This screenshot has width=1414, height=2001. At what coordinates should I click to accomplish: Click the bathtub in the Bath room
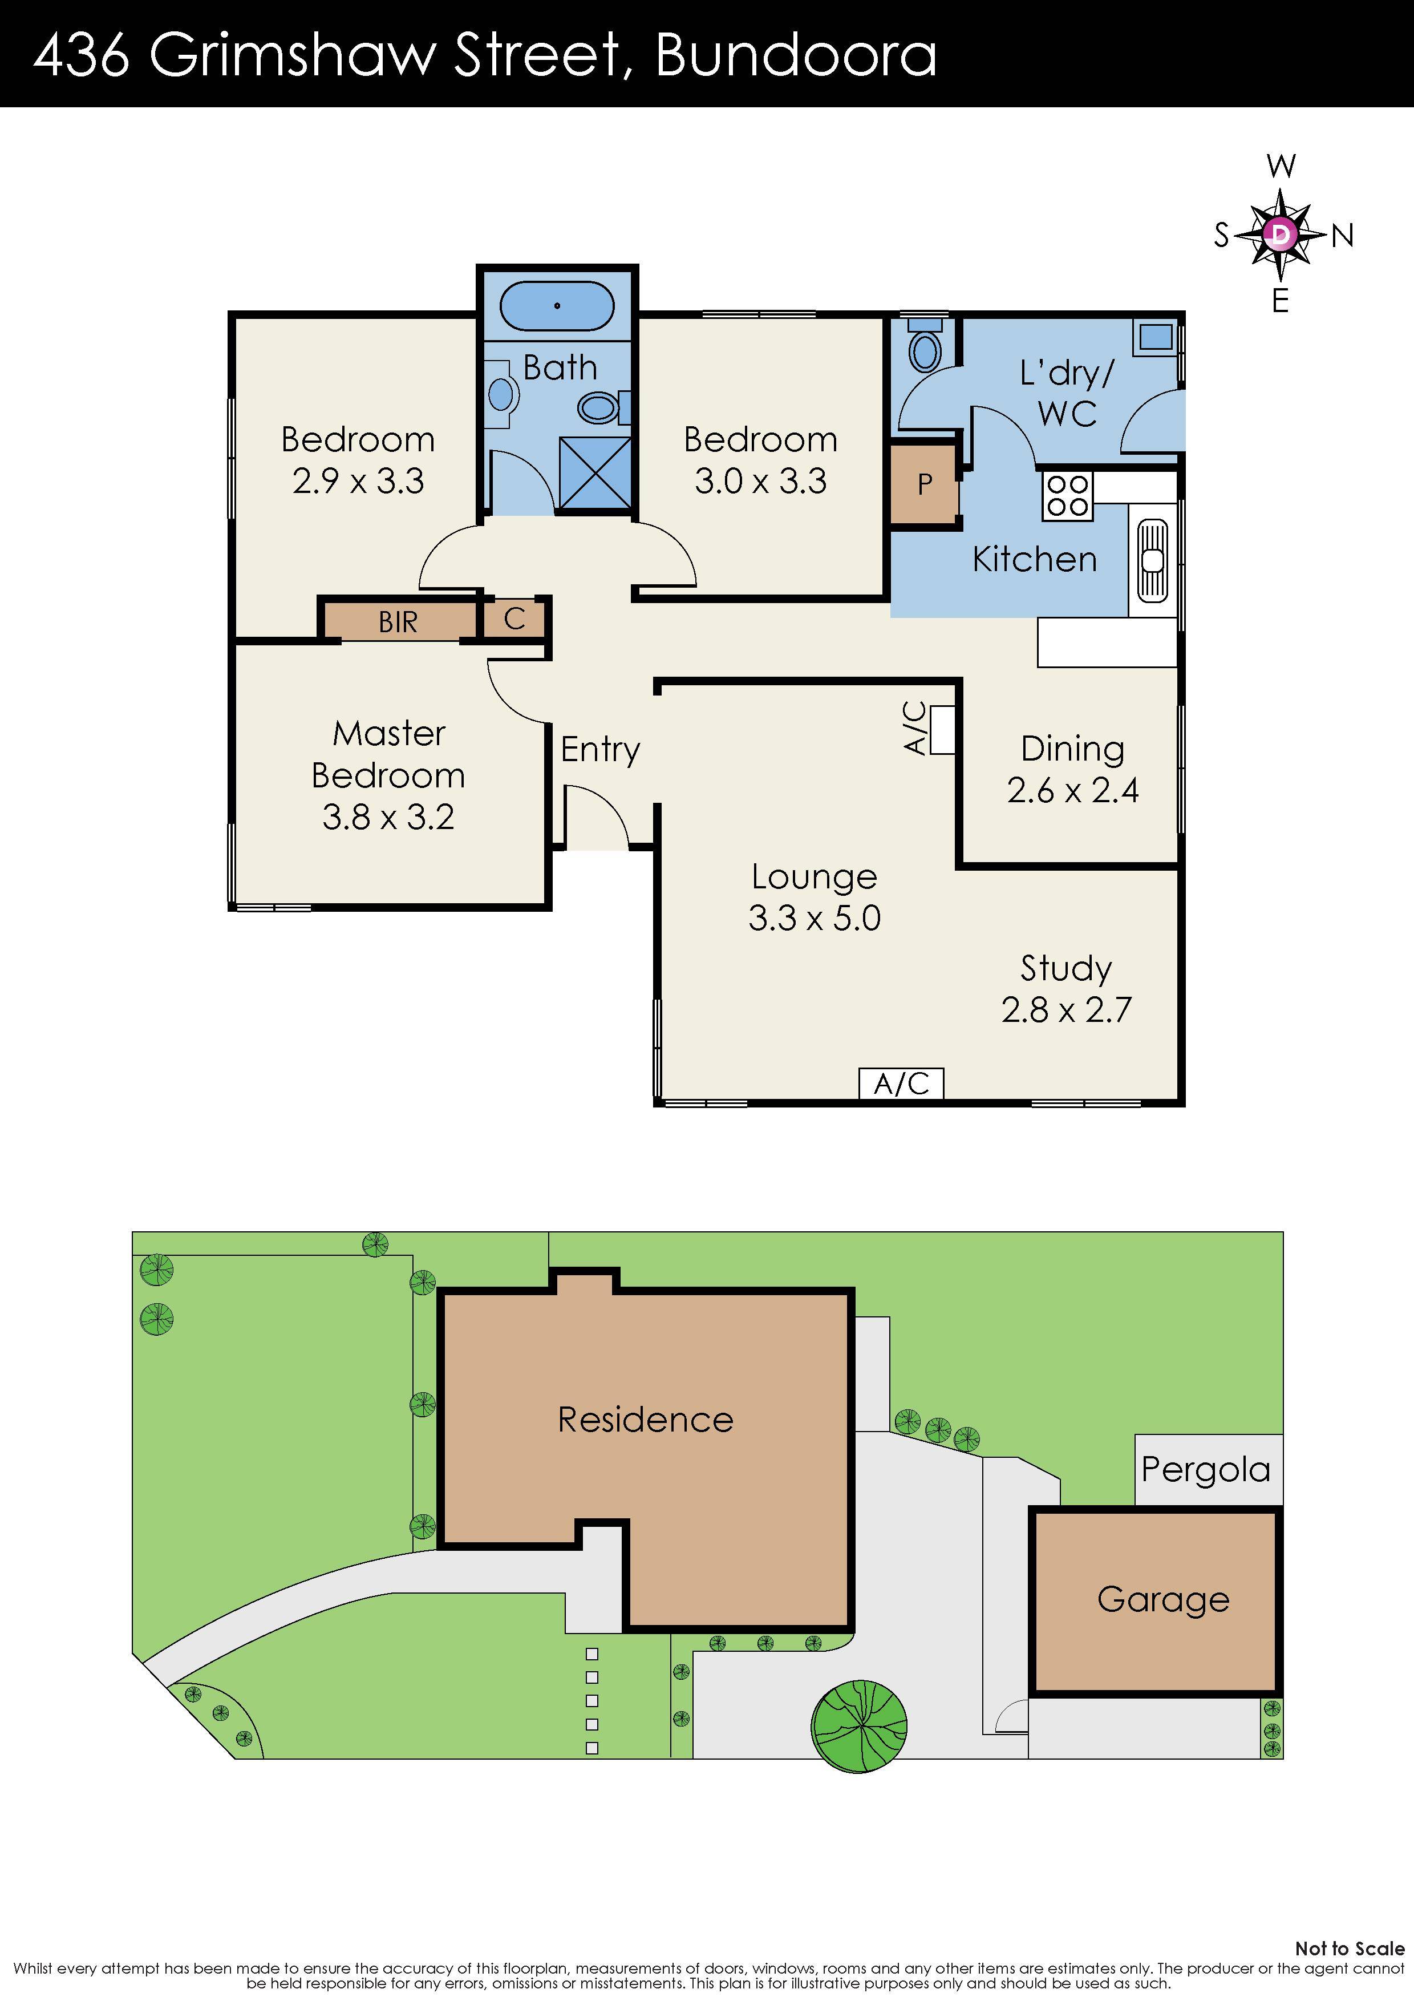click(557, 305)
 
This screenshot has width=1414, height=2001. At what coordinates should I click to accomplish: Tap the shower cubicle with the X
click(595, 476)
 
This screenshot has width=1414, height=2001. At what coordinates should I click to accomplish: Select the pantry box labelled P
click(925, 484)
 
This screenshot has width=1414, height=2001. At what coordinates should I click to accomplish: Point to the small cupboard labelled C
click(514, 619)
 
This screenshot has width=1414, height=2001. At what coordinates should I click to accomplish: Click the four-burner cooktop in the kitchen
click(1067, 495)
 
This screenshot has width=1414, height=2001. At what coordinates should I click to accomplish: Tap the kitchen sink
click(1152, 560)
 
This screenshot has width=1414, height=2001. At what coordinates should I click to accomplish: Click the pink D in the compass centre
click(1280, 233)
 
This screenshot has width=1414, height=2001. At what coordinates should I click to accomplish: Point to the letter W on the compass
click(1281, 165)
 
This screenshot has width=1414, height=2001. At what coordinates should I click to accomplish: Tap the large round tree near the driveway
click(859, 1725)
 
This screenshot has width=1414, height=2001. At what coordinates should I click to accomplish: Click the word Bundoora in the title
click(796, 54)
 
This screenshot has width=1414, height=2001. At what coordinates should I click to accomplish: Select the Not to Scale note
click(1348, 1949)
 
